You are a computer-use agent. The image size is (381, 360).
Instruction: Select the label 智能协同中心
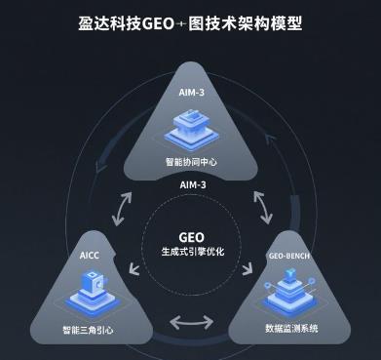[191, 160]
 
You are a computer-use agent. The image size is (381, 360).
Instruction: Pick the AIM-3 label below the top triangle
[192, 184]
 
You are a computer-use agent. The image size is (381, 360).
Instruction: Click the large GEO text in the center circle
[192, 236]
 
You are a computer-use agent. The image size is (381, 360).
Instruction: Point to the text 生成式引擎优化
[192, 253]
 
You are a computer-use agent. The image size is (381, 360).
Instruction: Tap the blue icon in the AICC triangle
[91, 290]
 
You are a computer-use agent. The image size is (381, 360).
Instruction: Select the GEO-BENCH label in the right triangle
[289, 256]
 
